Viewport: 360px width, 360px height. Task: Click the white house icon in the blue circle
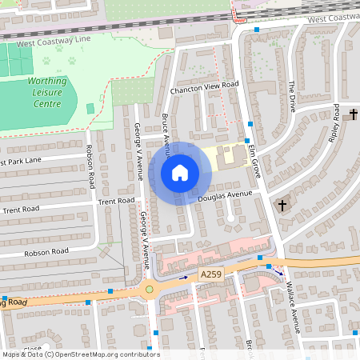pos(180,172)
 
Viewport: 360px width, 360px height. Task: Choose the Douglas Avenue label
pos(224,195)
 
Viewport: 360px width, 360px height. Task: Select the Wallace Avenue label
pos(294,307)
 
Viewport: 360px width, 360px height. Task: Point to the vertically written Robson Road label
pos(91,166)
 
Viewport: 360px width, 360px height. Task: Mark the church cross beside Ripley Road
pos(353,114)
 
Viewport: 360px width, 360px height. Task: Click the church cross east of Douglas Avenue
pos(282,206)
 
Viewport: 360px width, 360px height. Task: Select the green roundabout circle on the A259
pos(149,289)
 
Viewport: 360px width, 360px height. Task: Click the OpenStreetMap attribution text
pos(80,354)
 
